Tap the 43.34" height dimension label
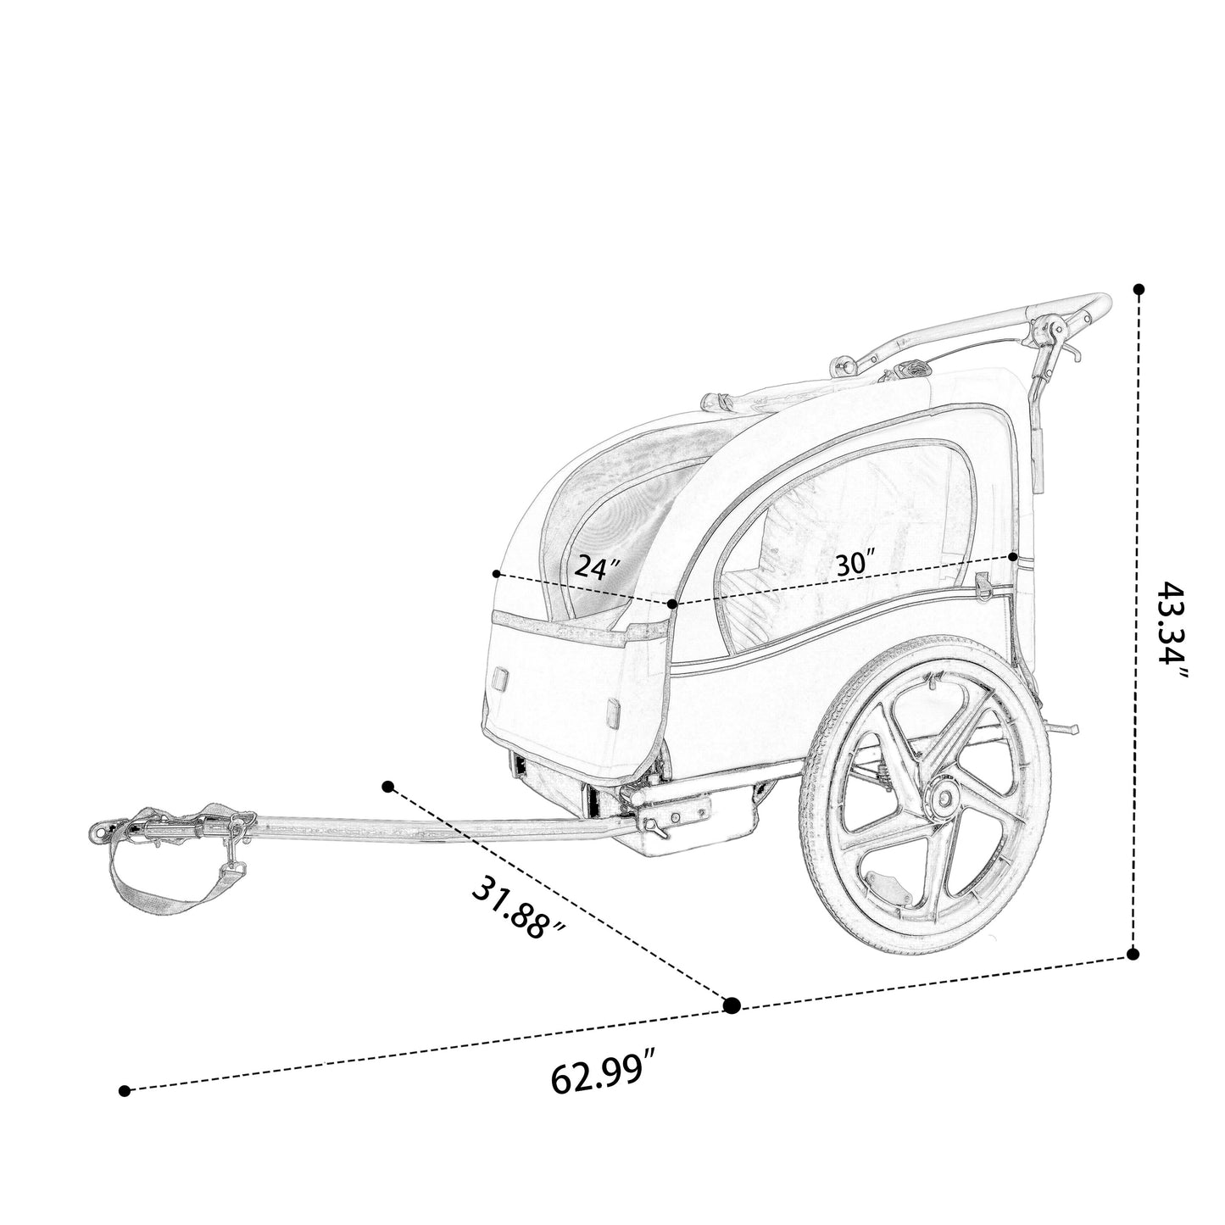click(1171, 630)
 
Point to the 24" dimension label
click(596, 566)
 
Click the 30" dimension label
click(856, 563)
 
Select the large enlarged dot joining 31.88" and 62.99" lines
click(732, 1005)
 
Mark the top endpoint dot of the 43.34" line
click(1139, 289)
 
